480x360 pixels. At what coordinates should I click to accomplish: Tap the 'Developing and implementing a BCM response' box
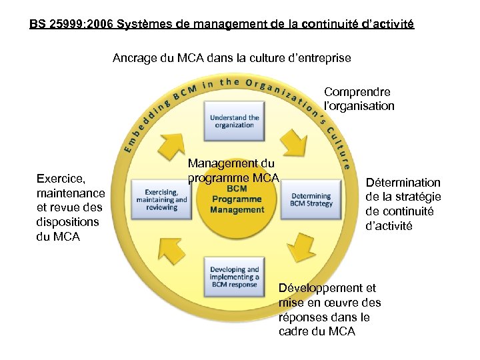tap(234, 277)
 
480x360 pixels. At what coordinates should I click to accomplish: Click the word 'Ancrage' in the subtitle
tap(135, 58)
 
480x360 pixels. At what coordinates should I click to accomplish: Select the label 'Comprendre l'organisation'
tap(358, 99)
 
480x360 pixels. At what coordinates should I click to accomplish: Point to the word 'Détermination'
tap(403, 182)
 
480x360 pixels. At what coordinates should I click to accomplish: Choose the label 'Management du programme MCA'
tap(231, 170)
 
